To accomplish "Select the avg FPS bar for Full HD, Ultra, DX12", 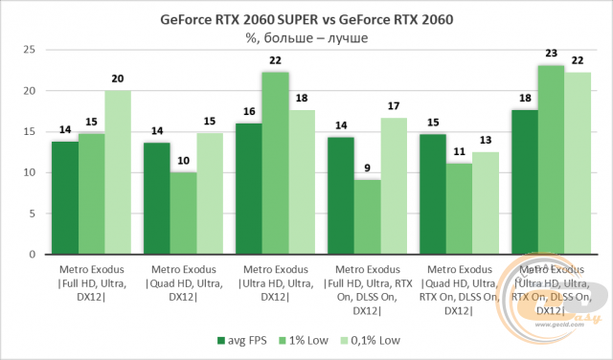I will pyautogui.click(x=64, y=197).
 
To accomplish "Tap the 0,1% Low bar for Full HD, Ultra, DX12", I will pyautogui.click(x=118, y=172).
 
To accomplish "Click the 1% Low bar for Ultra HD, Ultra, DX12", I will pyautogui.click(x=275, y=163).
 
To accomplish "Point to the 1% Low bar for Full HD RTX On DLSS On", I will pyautogui.click(x=367, y=216).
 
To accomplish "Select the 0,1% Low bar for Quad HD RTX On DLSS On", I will pyautogui.click(x=486, y=203).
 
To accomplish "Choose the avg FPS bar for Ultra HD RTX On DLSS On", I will pyautogui.click(x=524, y=182).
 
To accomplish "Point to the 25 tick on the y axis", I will pyautogui.click(x=29, y=50).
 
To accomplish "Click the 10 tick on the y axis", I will pyautogui.click(x=29, y=172).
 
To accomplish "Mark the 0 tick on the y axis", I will pyautogui.click(x=32, y=254).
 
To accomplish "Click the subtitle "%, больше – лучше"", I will pyautogui.click(x=306, y=37).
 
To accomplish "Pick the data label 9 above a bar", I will pyautogui.click(x=367, y=170).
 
